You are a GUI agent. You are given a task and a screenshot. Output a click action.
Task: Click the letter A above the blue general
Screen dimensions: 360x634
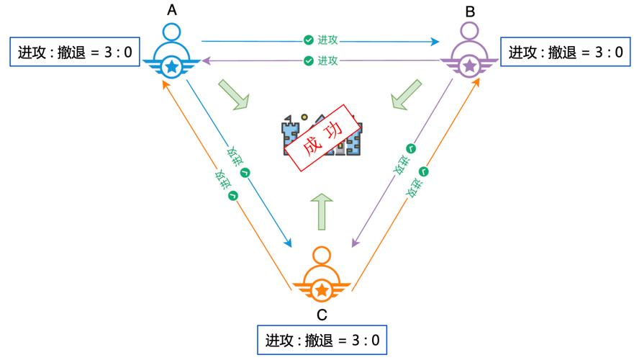click(171, 10)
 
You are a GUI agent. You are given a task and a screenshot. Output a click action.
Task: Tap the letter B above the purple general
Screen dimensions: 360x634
click(470, 11)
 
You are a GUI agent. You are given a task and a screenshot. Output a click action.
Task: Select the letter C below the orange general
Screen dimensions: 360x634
click(322, 314)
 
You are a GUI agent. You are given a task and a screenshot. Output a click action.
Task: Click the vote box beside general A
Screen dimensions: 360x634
click(74, 52)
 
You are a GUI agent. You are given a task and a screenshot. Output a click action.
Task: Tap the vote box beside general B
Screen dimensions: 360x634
click(566, 52)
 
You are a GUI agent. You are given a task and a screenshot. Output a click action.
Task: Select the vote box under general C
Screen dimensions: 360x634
click(322, 339)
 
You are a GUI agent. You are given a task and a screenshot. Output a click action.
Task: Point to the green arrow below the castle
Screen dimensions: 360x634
click(322, 211)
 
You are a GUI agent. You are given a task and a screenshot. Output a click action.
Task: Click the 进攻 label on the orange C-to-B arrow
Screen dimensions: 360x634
click(419, 181)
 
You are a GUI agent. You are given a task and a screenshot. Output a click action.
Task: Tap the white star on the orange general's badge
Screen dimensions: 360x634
click(322, 289)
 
